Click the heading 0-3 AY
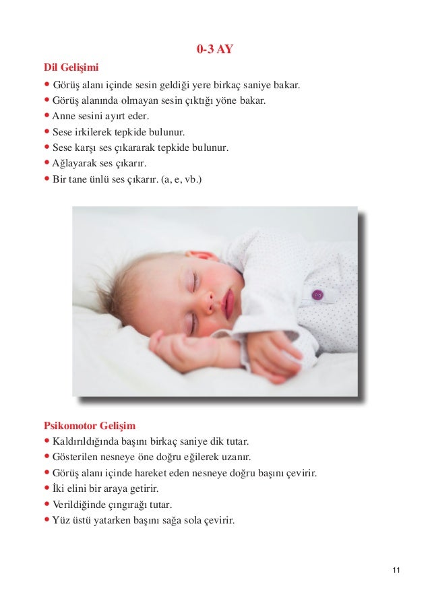pyautogui.click(x=215, y=49)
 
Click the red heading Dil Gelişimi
pyautogui.click(x=71, y=67)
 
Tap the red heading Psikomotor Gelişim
pyautogui.click(x=89, y=425)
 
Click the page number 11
pyautogui.click(x=396, y=571)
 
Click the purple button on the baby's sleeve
pyautogui.click(x=317, y=294)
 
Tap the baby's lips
pyautogui.click(x=228, y=303)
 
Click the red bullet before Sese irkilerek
pyautogui.click(x=47, y=131)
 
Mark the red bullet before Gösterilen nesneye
pyautogui.click(x=47, y=457)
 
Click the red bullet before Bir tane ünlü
pyautogui.click(x=47, y=179)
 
